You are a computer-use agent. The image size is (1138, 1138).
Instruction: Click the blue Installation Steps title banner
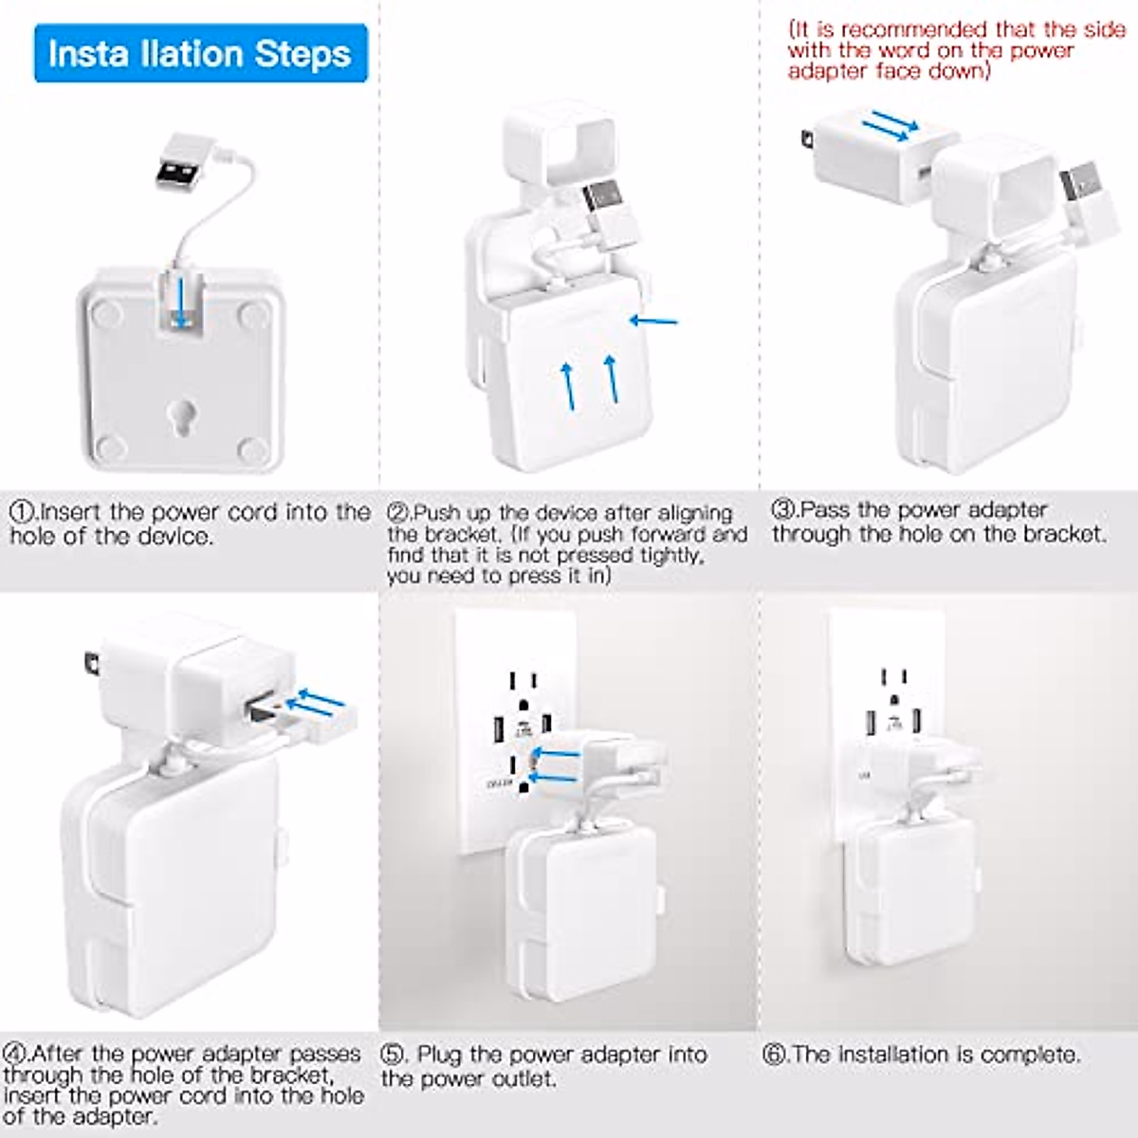pyautogui.click(x=200, y=54)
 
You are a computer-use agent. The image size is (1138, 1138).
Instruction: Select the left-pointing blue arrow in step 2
pyautogui.click(x=653, y=321)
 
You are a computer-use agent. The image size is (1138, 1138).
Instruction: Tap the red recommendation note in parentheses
pyautogui.click(x=956, y=50)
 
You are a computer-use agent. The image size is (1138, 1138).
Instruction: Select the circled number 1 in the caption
pyautogui.click(x=21, y=512)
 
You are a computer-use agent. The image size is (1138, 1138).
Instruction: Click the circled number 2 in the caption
pyautogui.click(x=398, y=513)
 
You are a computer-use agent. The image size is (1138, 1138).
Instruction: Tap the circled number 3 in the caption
pyautogui.click(x=783, y=509)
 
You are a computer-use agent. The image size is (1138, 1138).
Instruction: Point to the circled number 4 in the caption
pyautogui.click(x=15, y=1054)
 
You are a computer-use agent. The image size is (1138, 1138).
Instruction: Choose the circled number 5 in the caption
pyautogui.click(x=394, y=1055)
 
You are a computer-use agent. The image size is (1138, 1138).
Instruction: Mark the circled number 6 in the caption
pyautogui.click(x=775, y=1055)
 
